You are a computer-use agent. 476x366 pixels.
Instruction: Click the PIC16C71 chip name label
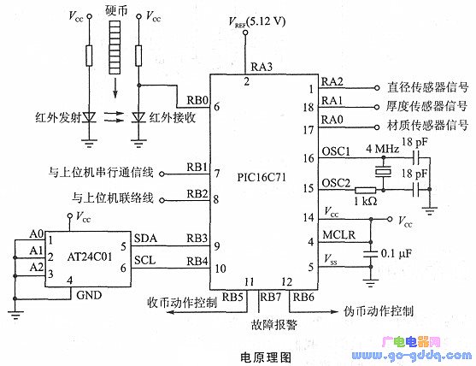pos(262,177)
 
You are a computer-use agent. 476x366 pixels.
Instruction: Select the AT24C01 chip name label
pos(90,257)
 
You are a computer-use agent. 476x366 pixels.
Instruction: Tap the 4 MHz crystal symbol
pos(383,172)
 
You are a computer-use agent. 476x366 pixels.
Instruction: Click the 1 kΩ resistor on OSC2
pos(366,191)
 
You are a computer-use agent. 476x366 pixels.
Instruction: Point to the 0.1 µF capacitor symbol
pos(370,254)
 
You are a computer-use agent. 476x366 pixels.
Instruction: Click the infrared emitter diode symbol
pos(89,117)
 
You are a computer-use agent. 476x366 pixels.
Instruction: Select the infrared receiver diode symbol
pos(138,117)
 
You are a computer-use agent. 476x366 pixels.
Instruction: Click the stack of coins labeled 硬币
pos(115,47)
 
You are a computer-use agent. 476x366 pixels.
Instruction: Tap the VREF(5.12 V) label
pos(257,22)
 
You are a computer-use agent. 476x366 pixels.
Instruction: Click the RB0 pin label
pos(197,100)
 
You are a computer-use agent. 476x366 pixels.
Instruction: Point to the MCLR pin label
pos(338,235)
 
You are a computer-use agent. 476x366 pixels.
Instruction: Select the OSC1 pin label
pos(336,151)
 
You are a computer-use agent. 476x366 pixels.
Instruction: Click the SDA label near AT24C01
pos(146,238)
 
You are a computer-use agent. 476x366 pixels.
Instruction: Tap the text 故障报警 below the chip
pos(274,325)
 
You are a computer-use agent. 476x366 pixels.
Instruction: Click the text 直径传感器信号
pos(428,87)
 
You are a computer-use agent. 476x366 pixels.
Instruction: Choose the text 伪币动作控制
pos(379,311)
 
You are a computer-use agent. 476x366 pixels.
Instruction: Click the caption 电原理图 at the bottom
pos(266,357)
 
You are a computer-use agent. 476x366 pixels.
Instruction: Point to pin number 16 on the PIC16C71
pos(309,158)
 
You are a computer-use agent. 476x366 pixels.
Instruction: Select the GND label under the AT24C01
pos(89,295)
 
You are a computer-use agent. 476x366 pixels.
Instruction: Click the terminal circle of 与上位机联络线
pos(162,200)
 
